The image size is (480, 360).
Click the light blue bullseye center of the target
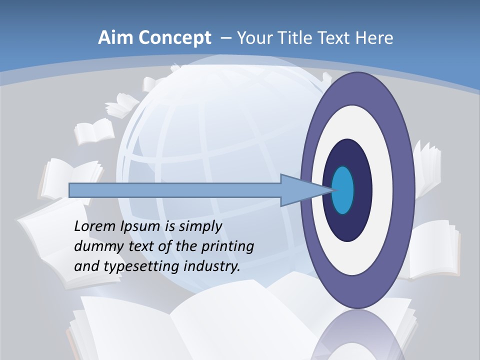click(343, 190)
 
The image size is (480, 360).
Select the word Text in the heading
click(334, 37)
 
